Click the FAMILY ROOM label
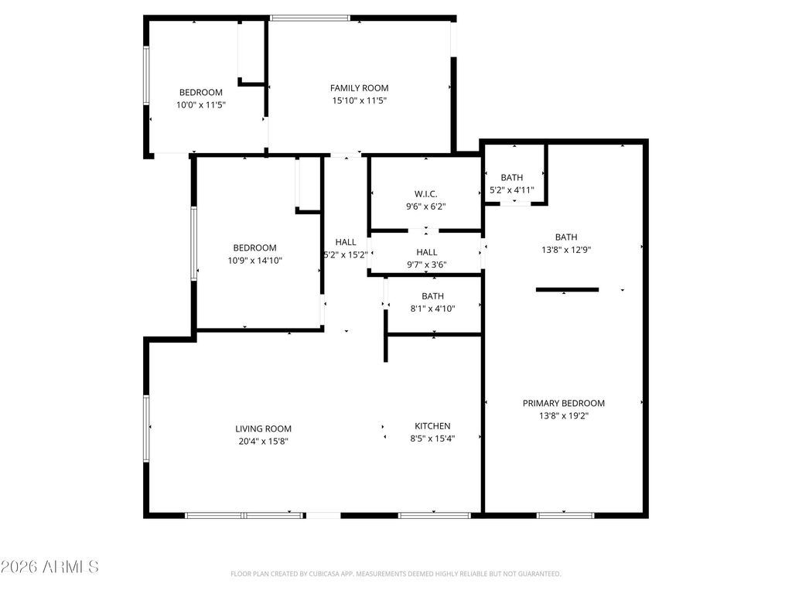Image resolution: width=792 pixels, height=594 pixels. (x=359, y=88)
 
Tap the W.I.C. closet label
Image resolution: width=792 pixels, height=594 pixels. (x=426, y=193)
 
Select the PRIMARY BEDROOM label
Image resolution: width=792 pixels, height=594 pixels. (x=564, y=403)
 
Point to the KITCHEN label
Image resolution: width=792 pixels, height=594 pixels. (x=432, y=426)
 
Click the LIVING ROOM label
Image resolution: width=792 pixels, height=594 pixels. (x=263, y=428)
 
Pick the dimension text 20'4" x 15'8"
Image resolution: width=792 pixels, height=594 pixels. (x=263, y=442)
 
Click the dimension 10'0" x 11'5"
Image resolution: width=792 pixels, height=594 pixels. (x=201, y=104)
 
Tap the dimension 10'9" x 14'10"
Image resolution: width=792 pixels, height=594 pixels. (x=254, y=261)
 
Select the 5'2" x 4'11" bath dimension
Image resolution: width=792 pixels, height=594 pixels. (x=511, y=190)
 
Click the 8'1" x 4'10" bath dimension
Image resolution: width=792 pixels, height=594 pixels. (x=432, y=309)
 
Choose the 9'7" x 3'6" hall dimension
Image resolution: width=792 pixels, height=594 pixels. (x=426, y=265)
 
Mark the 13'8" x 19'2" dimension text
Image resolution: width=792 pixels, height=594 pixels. (x=564, y=416)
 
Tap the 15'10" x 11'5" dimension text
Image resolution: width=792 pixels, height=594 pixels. (x=359, y=101)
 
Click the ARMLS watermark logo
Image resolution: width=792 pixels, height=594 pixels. (x=49, y=567)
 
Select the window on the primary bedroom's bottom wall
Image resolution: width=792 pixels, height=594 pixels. (x=565, y=514)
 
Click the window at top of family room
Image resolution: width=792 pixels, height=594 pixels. (x=309, y=18)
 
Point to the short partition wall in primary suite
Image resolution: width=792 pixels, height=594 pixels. (x=567, y=290)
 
